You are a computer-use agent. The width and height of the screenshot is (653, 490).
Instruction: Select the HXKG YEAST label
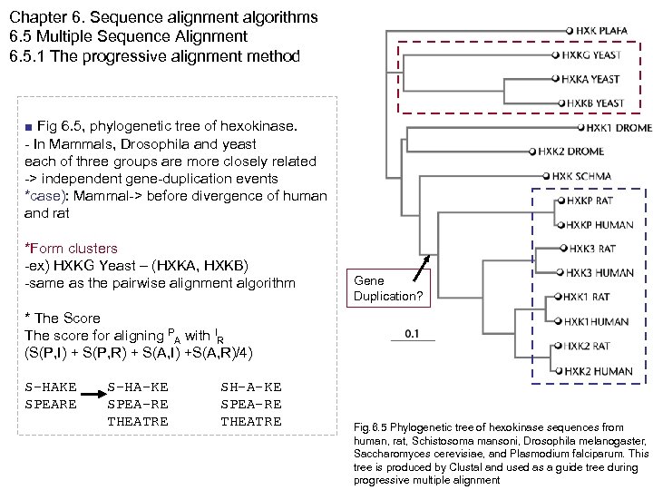click(592, 54)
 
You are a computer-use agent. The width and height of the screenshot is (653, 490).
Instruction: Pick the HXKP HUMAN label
click(600, 224)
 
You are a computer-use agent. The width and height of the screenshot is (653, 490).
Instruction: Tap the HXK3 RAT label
click(591, 249)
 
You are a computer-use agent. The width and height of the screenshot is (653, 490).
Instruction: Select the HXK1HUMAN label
click(597, 321)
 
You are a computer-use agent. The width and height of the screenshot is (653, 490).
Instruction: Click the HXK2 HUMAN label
click(599, 370)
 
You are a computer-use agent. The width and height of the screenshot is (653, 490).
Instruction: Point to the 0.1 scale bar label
click(413, 333)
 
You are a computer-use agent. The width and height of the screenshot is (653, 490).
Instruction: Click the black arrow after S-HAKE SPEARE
click(92, 394)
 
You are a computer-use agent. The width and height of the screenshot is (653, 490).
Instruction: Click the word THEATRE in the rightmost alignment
click(251, 421)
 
